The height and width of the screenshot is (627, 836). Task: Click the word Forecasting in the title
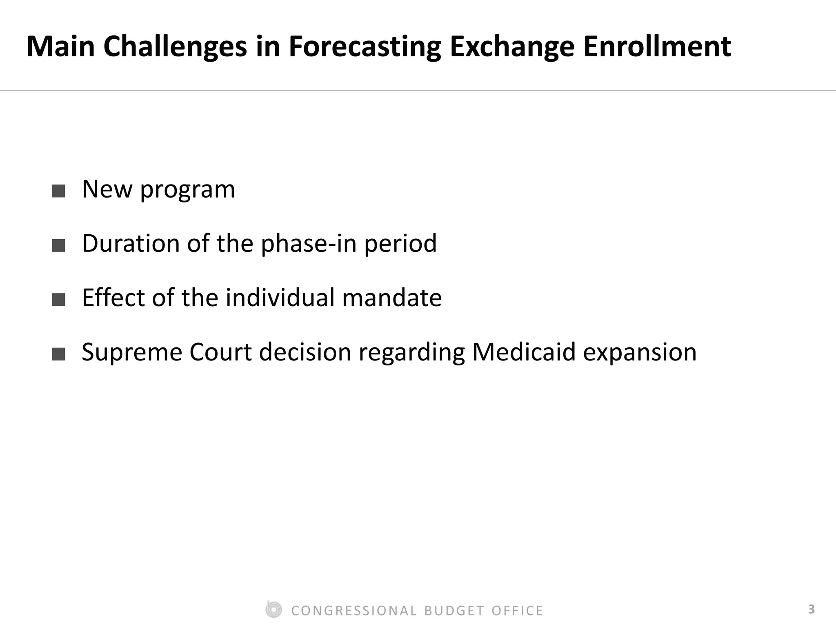click(x=365, y=47)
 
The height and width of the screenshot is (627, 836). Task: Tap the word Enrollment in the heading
click(x=657, y=46)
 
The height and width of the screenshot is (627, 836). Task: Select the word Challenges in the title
click(x=176, y=47)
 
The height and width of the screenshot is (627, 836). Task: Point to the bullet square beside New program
click(x=59, y=191)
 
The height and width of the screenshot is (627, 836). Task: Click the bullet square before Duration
click(x=59, y=245)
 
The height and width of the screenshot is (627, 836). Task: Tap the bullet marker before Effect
click(x=59, y=300)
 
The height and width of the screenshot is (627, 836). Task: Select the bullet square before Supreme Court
click(x=59, y=354)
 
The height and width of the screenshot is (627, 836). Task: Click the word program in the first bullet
click(x=187, y=190)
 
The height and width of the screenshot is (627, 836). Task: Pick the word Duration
click(x=131, y=244)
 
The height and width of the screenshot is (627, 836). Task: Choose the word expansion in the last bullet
click(x=640, y=353)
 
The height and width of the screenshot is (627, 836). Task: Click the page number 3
click(x=811, y=609)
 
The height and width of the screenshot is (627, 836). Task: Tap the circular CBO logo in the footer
click(x=273, y=610)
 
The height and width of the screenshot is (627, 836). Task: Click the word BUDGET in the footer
click(x=454, y=611)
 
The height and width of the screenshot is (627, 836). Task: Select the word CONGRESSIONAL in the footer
click(x=354, y=611)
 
